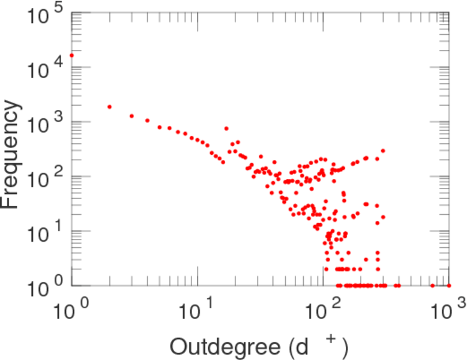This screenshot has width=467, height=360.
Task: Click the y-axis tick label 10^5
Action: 45,17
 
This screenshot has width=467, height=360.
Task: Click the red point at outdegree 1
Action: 71,56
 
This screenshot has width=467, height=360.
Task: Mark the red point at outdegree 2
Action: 109,107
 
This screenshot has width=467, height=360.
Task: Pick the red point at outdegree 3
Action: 131,116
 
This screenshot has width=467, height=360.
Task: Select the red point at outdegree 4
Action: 147,121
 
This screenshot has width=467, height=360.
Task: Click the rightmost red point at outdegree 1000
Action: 448,286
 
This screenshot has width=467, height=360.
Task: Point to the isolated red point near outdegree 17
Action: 226,128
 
